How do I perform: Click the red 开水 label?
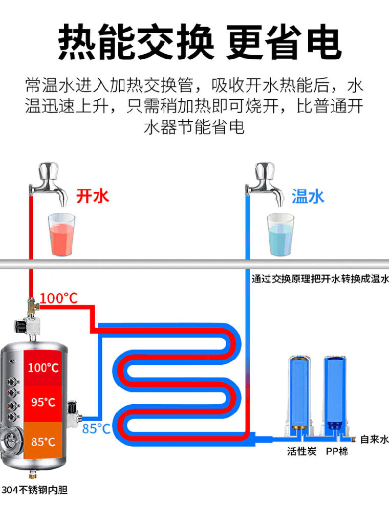pyautogui.click(x=93, y=196)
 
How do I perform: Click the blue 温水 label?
pyautogui.click(x=308, y=196)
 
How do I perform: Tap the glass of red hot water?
pyautogui.click(x=61, y=234)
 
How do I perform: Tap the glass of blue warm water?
pyautogui.click(x=280, y=234)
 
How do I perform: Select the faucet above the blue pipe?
pyautogui.click(x=264, y=183)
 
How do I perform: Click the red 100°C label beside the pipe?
pyautogui.click(x=59, y=298)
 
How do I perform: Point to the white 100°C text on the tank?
pyautogui.click(x=43, y=368)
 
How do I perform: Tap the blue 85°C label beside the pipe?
pyautogui.click(x=96, y=429)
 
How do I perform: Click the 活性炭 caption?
pyautogui.click(x=301, y=451)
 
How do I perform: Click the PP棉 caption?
pyautogui.click(x=337, y=451)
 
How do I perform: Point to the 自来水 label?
pyautogui.click(x=374, y=439)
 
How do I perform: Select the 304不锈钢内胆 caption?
pyautogui.click(x=35, y=490)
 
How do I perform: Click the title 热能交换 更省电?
pyautogui.click(x=200, y=42)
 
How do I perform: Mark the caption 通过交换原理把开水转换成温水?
pyautogui.click(x=320, y=279)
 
